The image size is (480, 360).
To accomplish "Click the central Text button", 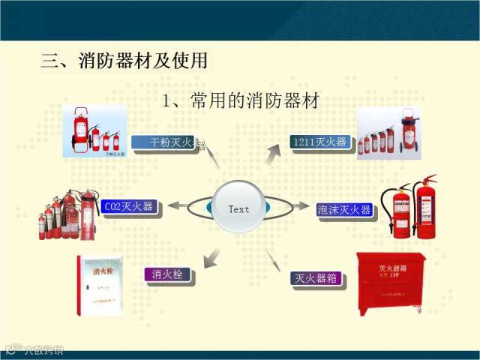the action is [x=238, y=208].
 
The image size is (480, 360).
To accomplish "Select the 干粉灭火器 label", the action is [x=166, y=141].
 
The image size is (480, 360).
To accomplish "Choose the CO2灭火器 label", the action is [x=128, y=205].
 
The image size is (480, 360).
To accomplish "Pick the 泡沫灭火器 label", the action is [x=344, y=209].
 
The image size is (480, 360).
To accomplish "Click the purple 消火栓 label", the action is [x=167, y=274].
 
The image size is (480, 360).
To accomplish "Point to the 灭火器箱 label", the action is [x=316, y=278].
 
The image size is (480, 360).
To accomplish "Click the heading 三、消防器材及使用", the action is [x=124, y=61].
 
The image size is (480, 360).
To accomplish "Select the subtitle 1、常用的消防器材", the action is [x=240, y=100].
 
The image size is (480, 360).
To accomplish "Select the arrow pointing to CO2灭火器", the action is [x=178, y=205].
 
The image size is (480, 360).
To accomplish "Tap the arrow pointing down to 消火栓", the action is [x=212, y=256].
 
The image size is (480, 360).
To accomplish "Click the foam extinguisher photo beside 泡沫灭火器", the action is [x=409, y=208].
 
